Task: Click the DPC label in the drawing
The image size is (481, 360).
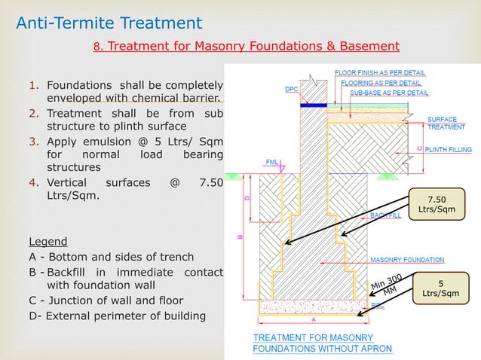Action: [x=291, y=89]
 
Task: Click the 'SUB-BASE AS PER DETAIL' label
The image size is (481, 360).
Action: [x=389, y=93]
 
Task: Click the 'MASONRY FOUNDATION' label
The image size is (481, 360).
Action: [x=406, y=260]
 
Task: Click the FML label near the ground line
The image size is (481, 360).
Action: [x=272, y=161]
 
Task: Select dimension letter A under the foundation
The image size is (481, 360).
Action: [x=314, y=319]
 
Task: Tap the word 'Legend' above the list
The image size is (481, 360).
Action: [x=47, y=242]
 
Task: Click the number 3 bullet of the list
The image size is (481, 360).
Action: [x=33, y=141]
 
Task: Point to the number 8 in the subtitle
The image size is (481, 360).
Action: [x=97, y=47]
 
